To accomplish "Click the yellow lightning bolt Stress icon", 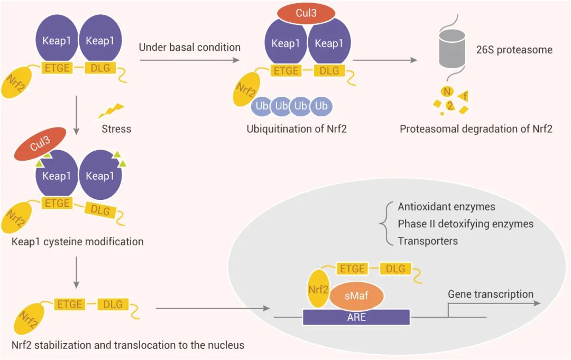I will tap(110, 110).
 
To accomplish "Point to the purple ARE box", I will tap(356, 317).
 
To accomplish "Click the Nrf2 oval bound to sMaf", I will tap(318, 289).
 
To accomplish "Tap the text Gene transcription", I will tap(490, 294).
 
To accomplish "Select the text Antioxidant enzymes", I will tap(446, 207).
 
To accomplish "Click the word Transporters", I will tap(428, 241).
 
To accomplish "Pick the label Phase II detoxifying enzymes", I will tap(465, 224).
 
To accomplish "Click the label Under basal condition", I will tap(189, 47).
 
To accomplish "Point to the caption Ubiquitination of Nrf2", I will tap(296, 128).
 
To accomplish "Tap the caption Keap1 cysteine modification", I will tap(77, 242).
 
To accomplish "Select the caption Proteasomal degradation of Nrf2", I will tap(476, 128).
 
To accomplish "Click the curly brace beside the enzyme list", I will tap(384, 224).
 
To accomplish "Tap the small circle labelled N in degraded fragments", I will tap(447, 92).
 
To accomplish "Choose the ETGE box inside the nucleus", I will tap(352, 269).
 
